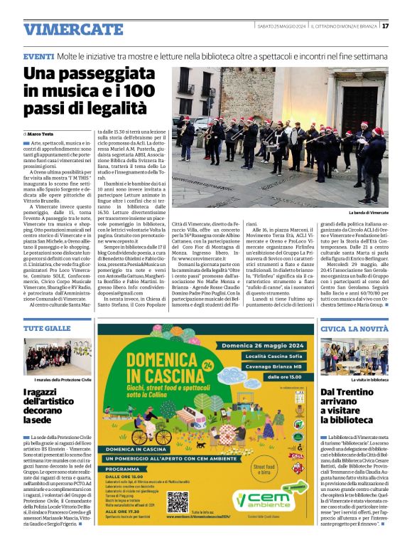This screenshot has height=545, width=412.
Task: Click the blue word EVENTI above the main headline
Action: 38,55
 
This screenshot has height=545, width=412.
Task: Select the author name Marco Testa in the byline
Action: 40,134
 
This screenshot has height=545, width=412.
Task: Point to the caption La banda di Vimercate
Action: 368,213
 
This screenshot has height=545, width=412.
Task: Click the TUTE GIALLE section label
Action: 47,329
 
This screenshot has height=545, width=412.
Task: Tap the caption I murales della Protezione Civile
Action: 58,381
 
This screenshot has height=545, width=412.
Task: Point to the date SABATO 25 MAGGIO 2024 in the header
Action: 281,26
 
